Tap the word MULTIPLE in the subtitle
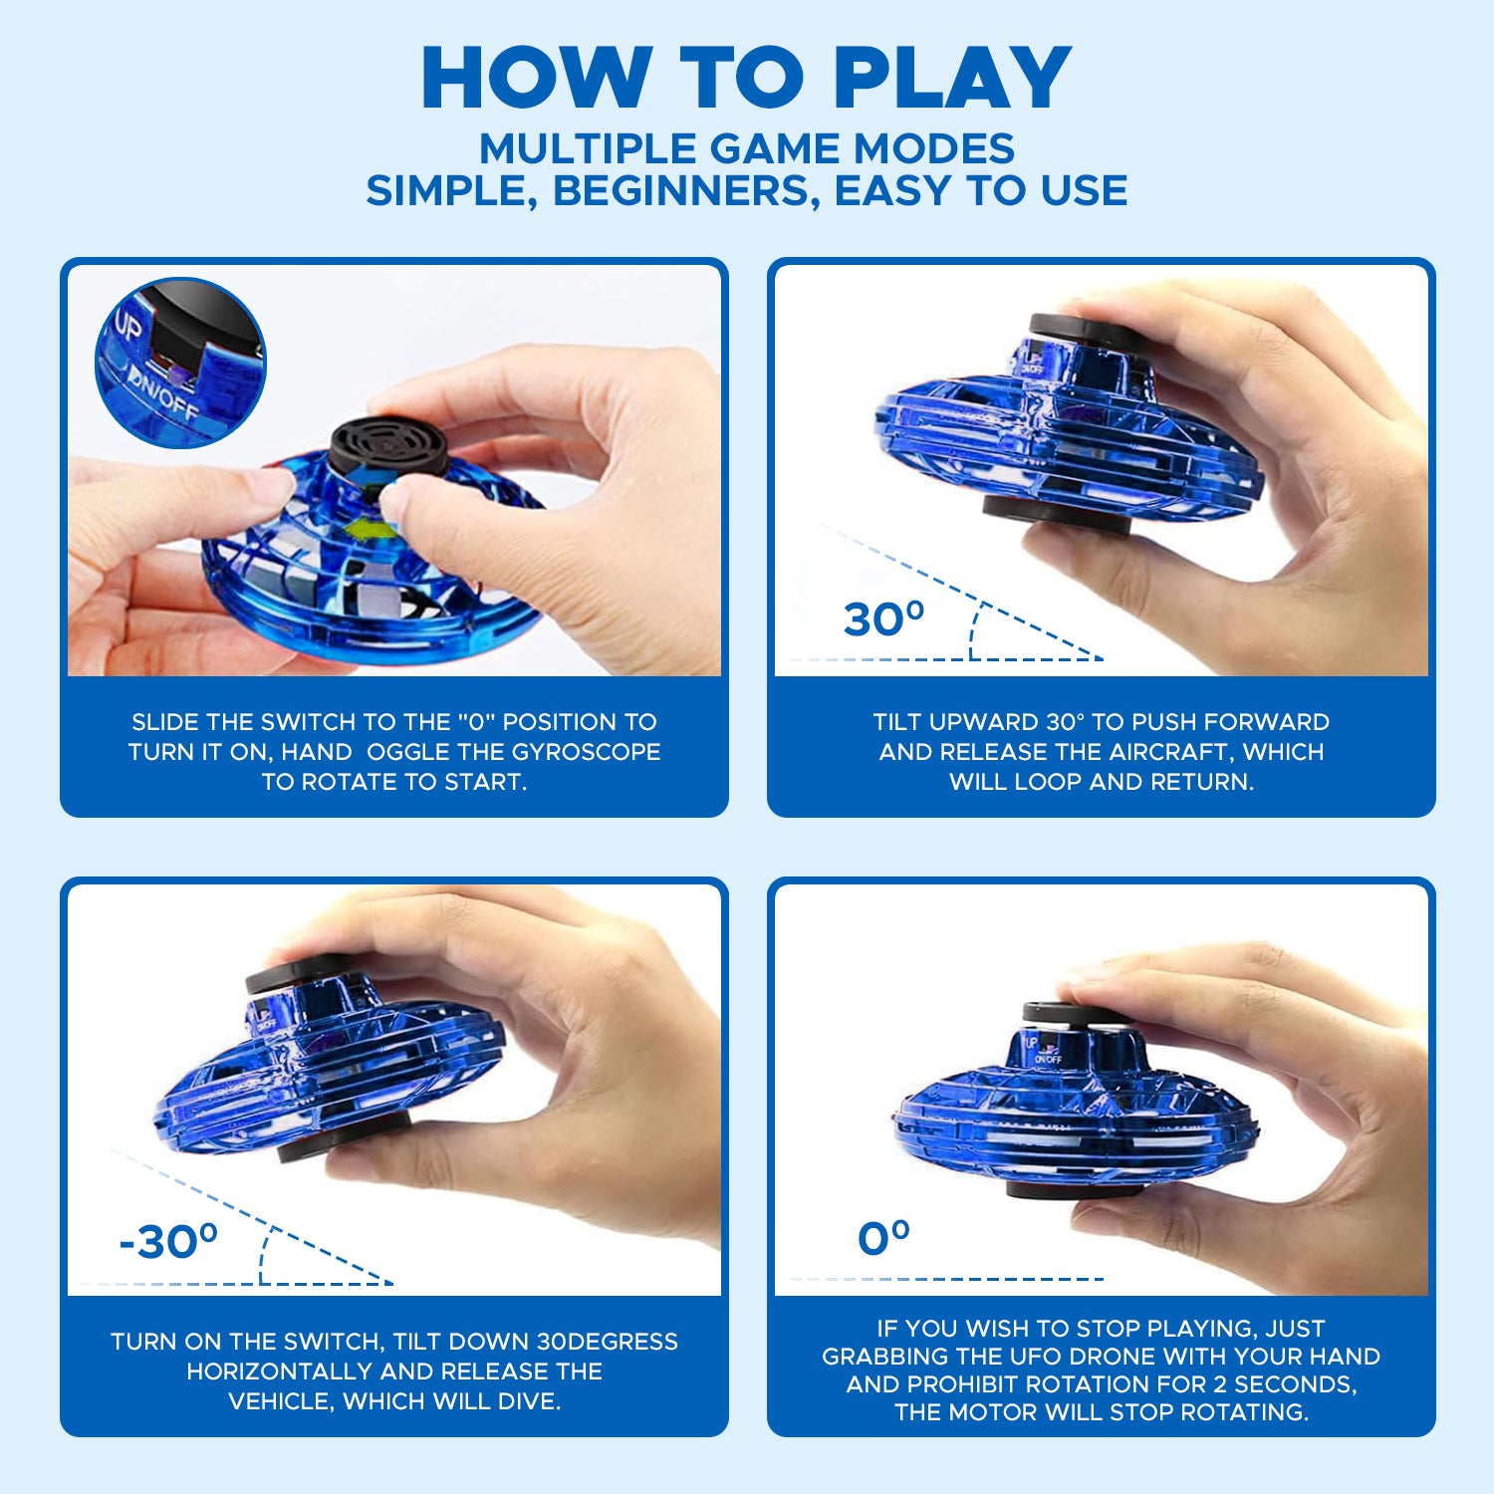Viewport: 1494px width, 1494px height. (x=588, y=148)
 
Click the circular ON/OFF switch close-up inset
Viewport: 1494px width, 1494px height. (x=180, y=363)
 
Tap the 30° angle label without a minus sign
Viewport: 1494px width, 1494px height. (x=884, y=619)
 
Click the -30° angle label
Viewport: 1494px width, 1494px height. (x=168, y=1241)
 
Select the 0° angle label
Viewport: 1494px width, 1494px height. (x=883, y=1238)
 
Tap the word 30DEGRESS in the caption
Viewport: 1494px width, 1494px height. (x=608, y=1342)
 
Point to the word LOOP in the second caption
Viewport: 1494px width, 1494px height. (x=1048, y=782)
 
